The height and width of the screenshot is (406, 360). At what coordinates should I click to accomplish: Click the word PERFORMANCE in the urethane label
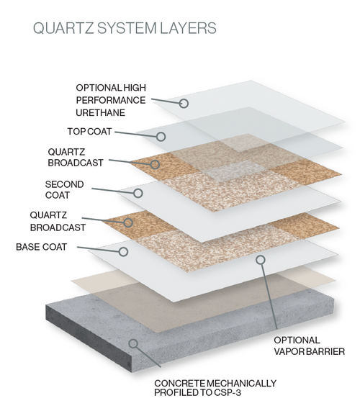point(110,101)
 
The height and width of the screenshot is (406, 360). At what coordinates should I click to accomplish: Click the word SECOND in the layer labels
point(60,184)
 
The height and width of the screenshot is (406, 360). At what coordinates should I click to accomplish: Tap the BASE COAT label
point(42,247)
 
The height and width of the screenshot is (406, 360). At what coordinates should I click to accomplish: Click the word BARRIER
point(327,352)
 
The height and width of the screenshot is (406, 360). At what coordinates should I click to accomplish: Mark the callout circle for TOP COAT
point(161,135)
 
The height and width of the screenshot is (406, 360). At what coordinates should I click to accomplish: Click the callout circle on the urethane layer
point(184,104)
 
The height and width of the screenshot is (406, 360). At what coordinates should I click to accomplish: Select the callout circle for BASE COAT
point(124,252)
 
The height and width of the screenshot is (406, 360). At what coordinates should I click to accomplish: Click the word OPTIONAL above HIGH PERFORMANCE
point(101,88)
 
